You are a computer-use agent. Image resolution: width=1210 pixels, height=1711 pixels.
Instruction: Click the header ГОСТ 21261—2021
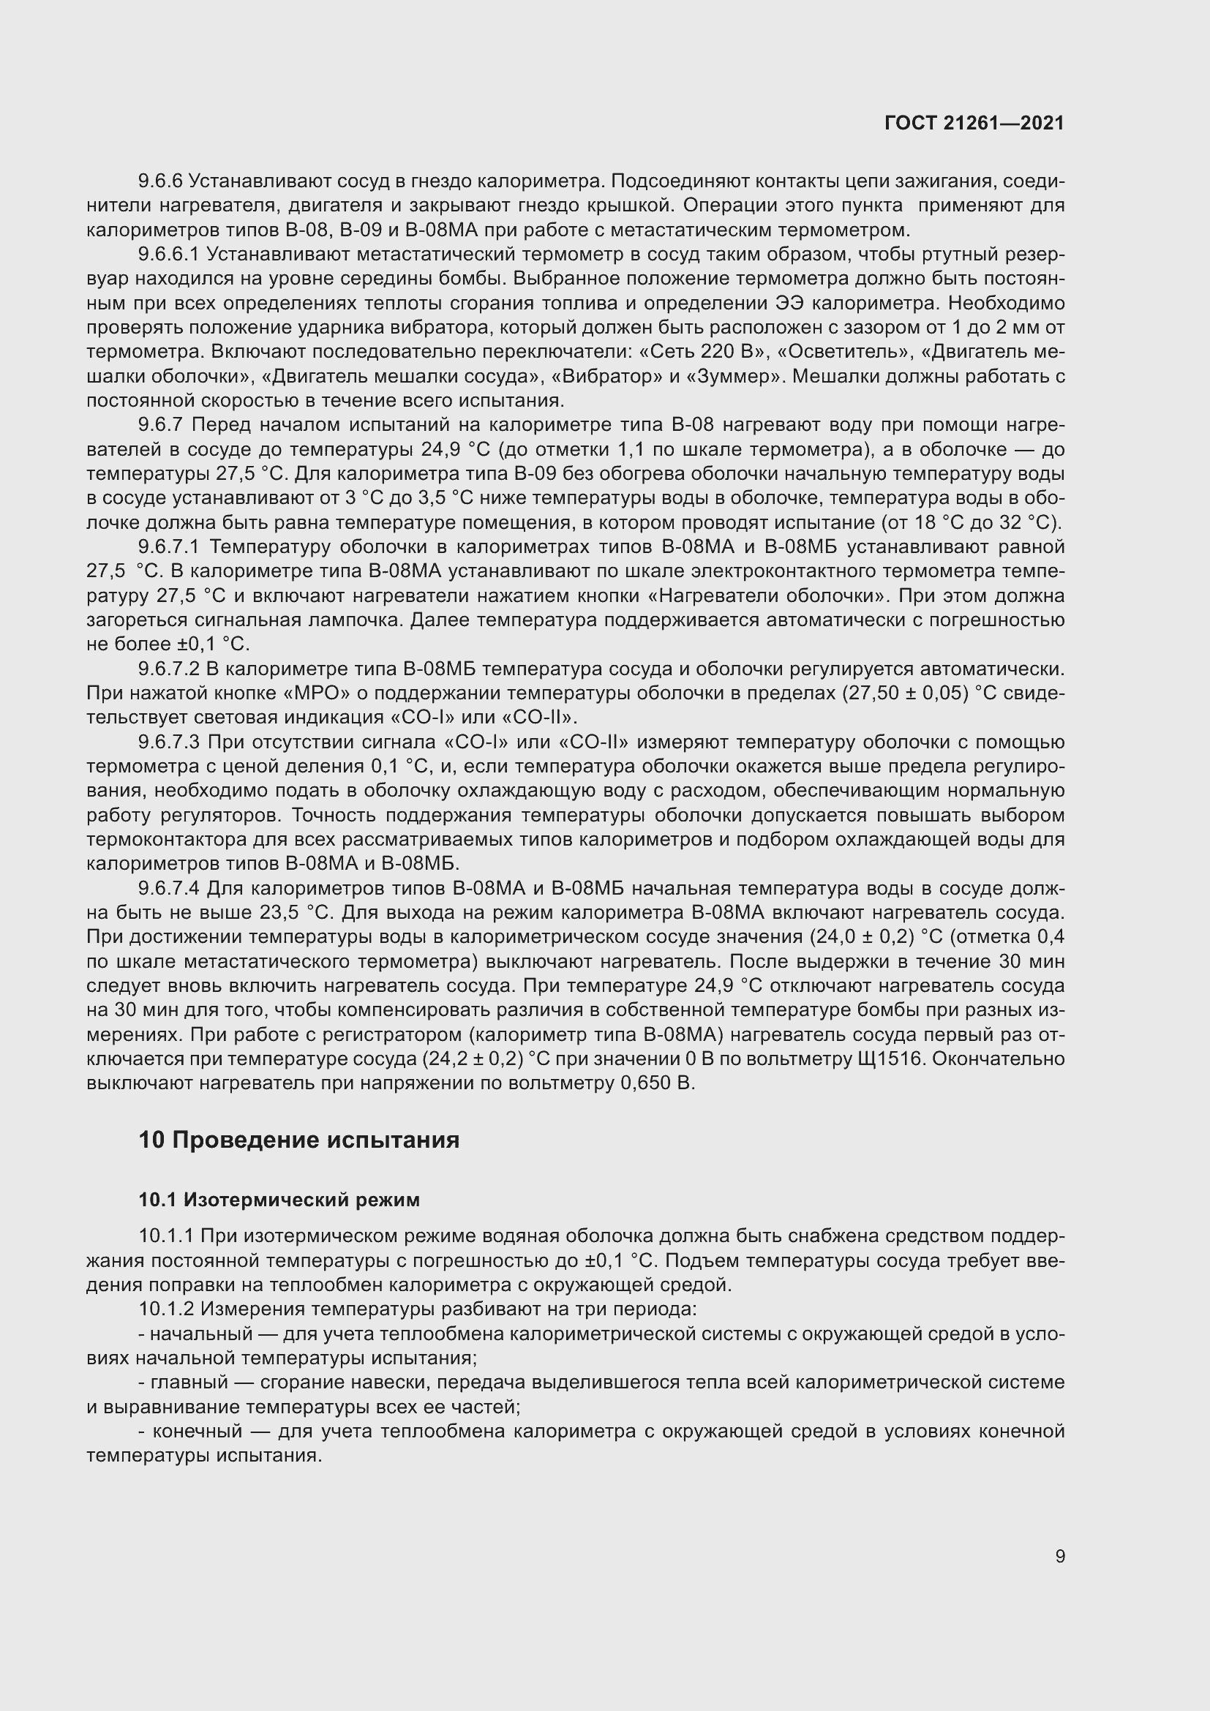[x=974, y=123]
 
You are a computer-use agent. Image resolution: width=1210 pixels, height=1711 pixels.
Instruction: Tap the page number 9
[x=1059, y=1557]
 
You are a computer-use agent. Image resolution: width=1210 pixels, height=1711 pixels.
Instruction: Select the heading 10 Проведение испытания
[x=298, y=1140]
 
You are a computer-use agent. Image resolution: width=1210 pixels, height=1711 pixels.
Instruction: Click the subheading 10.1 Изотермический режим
[x=279, y=1200]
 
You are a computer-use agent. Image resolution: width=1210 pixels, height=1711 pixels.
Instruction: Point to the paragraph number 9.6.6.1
[x=168, y=254]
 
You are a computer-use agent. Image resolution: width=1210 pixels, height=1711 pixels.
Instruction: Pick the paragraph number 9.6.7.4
[x=168, y=888]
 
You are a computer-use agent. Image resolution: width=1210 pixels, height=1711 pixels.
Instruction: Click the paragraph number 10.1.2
[x=165, y=1309]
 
